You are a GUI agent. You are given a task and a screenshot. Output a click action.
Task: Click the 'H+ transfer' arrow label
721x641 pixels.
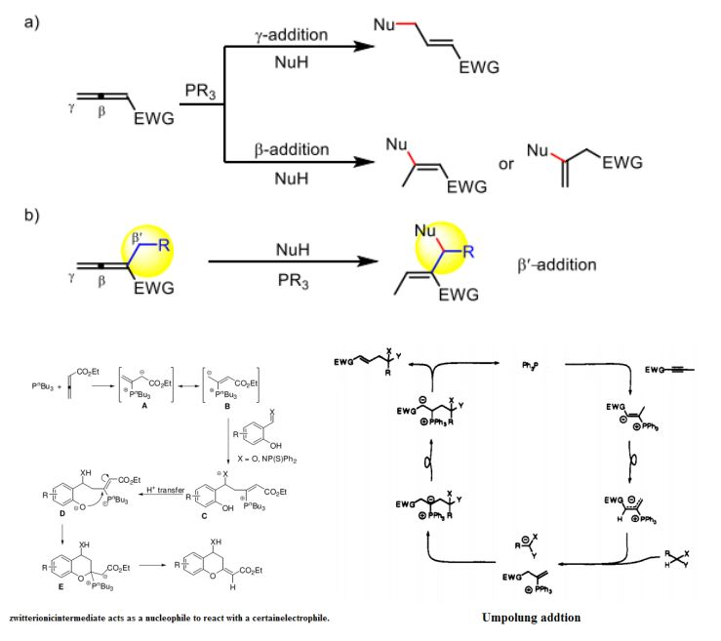(x=161, y=467)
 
